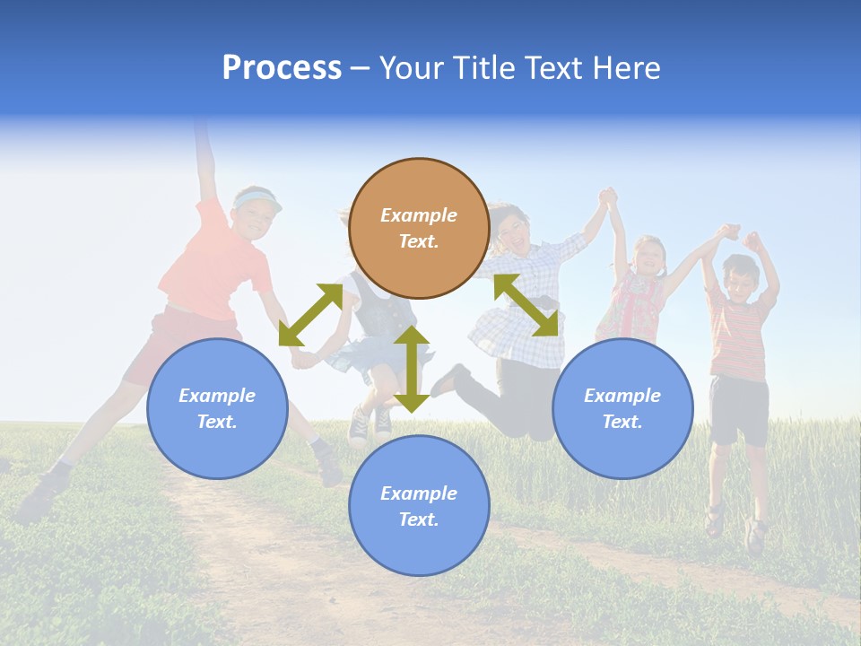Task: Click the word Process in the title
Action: click(282, 68)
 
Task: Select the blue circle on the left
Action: click(217, 408)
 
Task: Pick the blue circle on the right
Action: click(622, 408)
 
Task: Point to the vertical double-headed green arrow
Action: click(412, 369)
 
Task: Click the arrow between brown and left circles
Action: click(310, 315)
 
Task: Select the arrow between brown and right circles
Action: click(526, 305)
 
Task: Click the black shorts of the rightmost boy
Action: click(739, 408)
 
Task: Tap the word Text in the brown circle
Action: click(419, 241)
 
